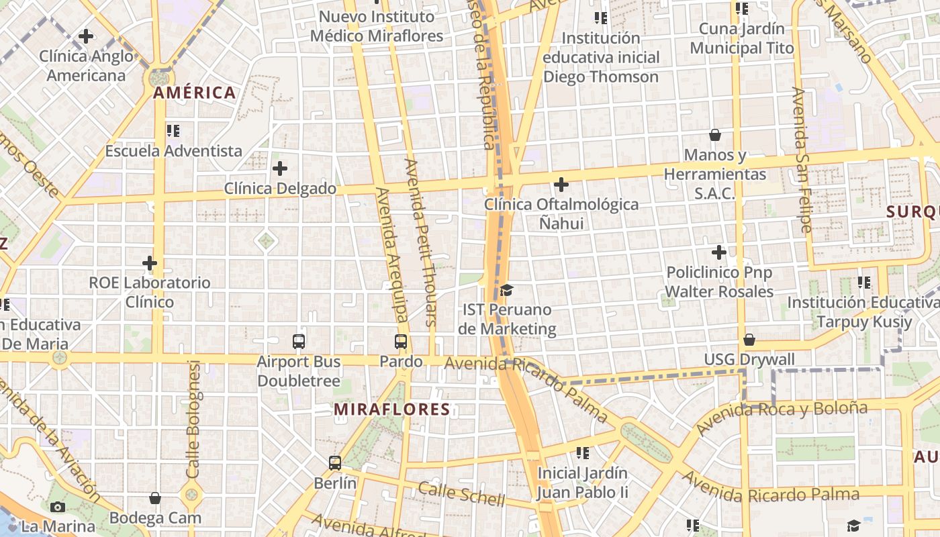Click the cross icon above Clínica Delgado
click(x=280, y=168)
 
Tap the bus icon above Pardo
click(x=401, y=342)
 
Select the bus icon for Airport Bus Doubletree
click(x=299, y=342)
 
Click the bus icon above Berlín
click(x=335, y=462)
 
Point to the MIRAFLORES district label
click(x=392, y=409)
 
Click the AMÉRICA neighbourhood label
click(x=195, y=93)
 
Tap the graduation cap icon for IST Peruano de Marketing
click(x=507, y=290)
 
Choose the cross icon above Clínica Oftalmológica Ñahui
click(x=561, y=184)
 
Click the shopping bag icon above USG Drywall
click(x=749, y=340)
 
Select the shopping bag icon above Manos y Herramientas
click(x=715, y=135)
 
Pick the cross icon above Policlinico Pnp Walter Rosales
click(x=719, y=253)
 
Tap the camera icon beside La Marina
click(x=58, y=507)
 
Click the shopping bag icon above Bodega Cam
click(x=155, y=498)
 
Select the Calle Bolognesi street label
click(x=193, y=420)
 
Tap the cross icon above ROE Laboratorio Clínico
click(x=150, y=263)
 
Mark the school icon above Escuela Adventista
click(x=173, y=131)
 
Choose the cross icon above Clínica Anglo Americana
click(x=86, y=36)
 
